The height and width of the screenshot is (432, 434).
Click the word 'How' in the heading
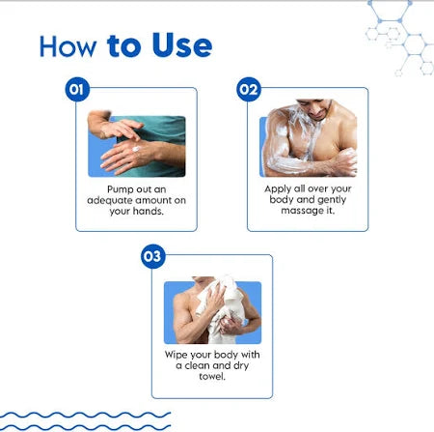[68, 46]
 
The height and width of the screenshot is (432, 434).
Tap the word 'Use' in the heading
[182, 45]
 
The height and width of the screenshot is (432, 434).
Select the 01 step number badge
[77, 89]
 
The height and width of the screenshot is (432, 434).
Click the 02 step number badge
[249, 89]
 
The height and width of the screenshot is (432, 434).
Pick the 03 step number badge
[153, 256]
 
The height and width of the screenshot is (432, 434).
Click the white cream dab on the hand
[136, 149]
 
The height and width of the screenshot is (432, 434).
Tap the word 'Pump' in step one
[119, 189]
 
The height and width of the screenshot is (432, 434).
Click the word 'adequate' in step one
[106, 201]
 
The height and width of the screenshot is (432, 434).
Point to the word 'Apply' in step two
[277, 189]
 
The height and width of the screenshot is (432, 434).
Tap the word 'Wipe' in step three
[176, 355]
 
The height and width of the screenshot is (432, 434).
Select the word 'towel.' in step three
[212, 376]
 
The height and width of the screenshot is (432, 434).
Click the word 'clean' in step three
[197, 365]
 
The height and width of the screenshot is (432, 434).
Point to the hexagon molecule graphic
[399, 38]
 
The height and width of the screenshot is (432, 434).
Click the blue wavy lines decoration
[85, 421]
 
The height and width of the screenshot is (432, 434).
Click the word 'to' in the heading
[123, 46]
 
